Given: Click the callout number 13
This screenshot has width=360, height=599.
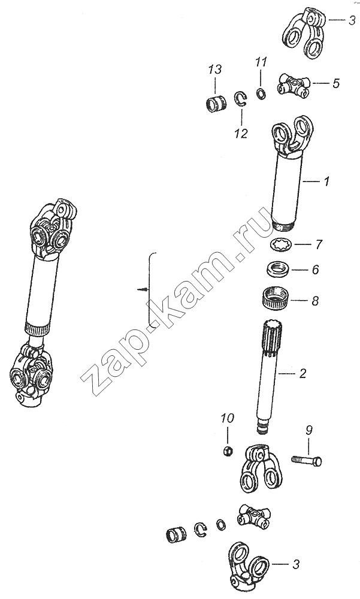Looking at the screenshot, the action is (x=215, y=70).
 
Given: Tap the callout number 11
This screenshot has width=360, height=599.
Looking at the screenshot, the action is (x=261, y=62).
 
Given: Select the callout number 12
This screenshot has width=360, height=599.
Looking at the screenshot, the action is (x=241, y=134).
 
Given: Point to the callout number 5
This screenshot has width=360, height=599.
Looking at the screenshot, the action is (x=335, y=83).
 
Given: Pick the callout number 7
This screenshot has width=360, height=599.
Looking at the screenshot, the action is (x=318, y=244).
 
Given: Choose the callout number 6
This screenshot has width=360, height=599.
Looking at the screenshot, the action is (x=315, y=270).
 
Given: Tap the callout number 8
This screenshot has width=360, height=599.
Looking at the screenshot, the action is (x=315, y=301).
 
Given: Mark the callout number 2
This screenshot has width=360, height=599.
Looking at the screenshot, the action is (x=302, y=373).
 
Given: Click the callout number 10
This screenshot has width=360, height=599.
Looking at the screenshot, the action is (x=227, y=418).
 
